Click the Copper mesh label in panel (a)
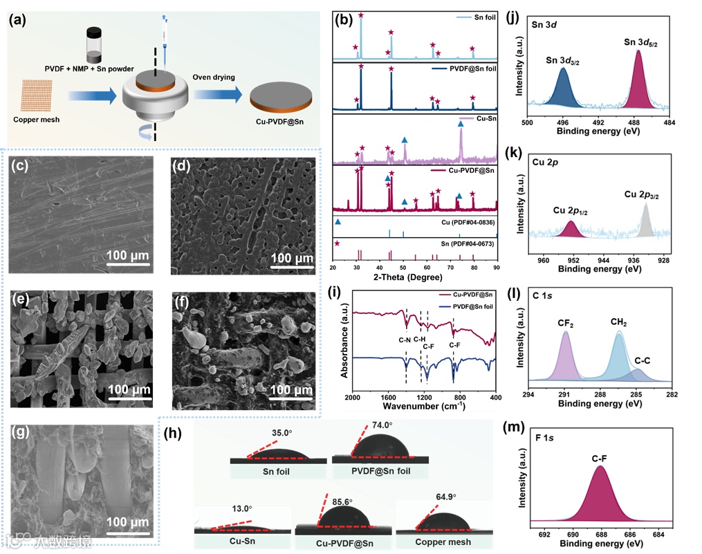[35, 120]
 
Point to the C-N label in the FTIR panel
[405, 340]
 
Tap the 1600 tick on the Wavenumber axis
[389, 398]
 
